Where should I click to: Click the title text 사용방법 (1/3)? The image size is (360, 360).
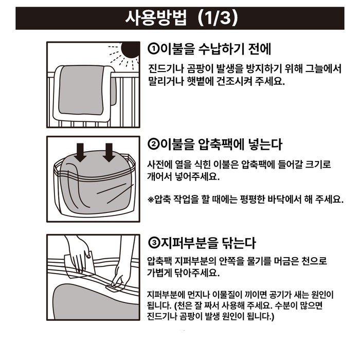(182, 18)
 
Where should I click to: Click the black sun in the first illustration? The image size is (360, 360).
(130, 50)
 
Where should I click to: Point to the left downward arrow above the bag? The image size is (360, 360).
(80, 152)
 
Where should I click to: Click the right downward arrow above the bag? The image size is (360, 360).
(109, 152)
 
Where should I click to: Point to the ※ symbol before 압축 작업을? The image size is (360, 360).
(151, 199)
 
